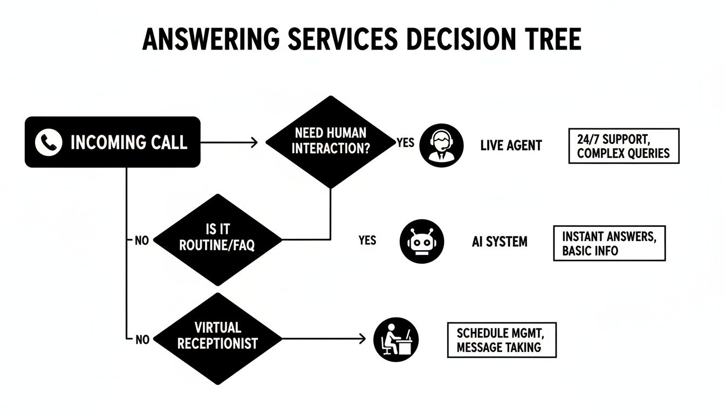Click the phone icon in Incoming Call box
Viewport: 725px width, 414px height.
(x=48, y=142)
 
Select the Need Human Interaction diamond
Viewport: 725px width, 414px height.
(x=330, y=142)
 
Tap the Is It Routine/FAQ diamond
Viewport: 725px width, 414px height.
(x=217, y=240)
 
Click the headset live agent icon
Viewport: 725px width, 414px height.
(x=441, y=145)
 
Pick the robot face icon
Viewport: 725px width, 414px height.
(x=422, y=241)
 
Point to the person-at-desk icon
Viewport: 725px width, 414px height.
(x=396, y=339)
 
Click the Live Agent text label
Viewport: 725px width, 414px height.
(x=511, y=146)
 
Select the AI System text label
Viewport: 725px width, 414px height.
(x=499, y=242)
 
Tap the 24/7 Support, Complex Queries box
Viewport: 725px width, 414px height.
(x=624, y=146)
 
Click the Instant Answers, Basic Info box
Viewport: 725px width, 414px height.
(x=609, y=243)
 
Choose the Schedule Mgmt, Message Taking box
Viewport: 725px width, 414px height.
(x=501, y=340)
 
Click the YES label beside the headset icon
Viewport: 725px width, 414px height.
(x=406, y=143)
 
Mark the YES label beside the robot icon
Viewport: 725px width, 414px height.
(x=367, y=240)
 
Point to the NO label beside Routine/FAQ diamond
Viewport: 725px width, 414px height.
(x=142, y=241)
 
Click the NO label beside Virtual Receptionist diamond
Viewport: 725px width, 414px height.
(x=142, y=340)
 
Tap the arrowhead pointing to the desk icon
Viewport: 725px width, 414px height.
(x=362, y=339)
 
